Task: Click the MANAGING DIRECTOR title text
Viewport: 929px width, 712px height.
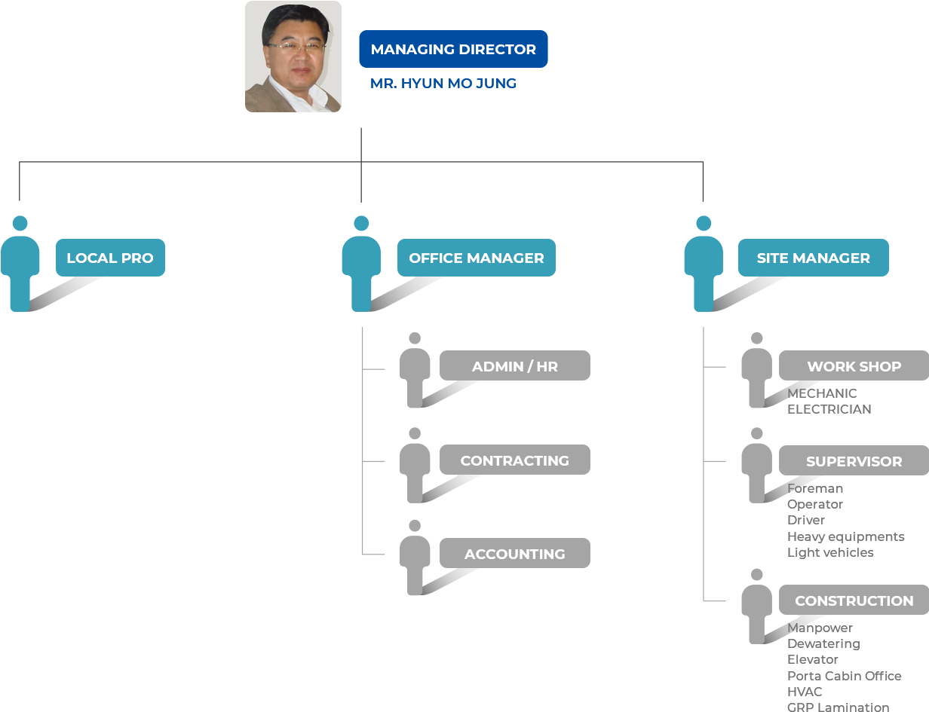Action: [453, 50]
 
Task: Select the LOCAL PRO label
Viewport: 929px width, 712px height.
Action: [110, 258]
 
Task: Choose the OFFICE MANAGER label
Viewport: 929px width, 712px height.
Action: [476, 258]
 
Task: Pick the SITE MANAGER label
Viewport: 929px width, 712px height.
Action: [813, 258]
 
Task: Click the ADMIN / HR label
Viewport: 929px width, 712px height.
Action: [514, 367]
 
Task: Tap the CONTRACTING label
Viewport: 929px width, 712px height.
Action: [514, 460]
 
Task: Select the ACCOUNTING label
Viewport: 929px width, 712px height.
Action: [514, 555]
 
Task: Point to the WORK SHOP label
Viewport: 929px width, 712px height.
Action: [854, 367]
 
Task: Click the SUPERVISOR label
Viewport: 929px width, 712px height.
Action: [854, 461]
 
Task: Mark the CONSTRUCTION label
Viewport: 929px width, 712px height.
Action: [854, 601]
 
